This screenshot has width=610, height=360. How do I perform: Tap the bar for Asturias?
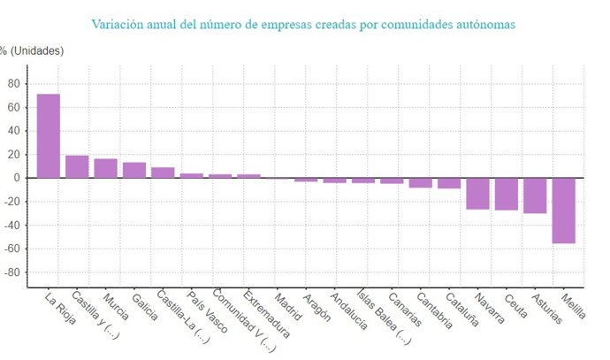click(535, 195)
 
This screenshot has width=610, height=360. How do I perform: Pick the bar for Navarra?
click(477, 194)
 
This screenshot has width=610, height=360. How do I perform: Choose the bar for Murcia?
click(105, 168)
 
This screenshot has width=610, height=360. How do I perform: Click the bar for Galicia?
click(134, 170)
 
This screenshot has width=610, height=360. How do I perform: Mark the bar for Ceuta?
click(507, 194)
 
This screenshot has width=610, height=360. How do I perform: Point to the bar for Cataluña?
click(449, 183)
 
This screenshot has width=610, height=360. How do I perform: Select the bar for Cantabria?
click(421, 182)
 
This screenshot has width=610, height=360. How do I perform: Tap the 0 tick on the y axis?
click(16, 178)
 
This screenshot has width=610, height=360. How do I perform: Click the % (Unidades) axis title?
click(32, 50)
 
